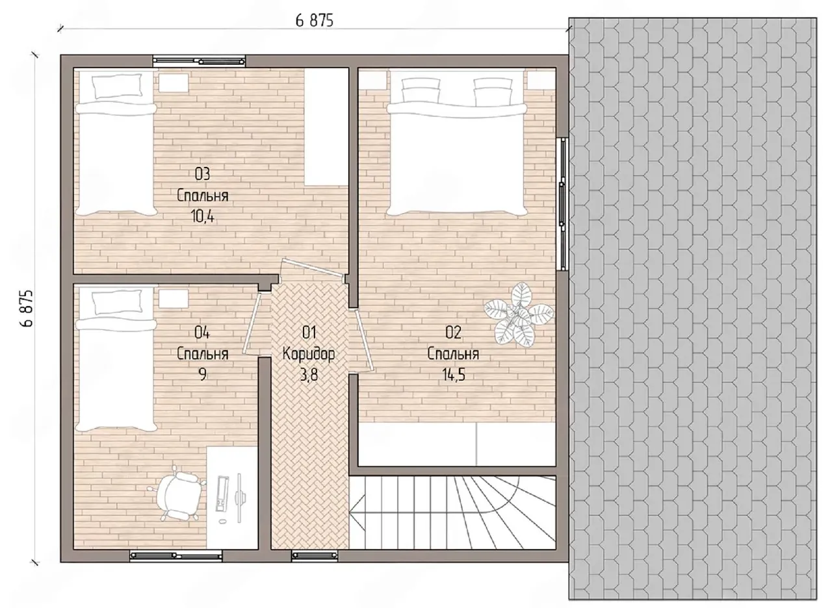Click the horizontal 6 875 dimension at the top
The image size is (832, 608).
[314, 20]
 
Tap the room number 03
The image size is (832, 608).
[202, 173]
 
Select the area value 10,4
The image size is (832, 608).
[203, 216]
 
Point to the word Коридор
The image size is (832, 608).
[309, 354]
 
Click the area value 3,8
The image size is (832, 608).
[309, 375]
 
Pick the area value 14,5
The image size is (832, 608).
[454, 375]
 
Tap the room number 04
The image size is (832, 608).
[202, 333]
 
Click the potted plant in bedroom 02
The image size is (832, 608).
[519, 316]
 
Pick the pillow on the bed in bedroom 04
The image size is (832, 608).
[118, 303]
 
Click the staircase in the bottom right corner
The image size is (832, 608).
[452, 513]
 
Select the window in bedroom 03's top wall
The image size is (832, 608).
[199, 61]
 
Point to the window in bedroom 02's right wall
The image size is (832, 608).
[563, 203]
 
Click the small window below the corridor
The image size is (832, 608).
[315, 555]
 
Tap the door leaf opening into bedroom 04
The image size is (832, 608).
[252, 323]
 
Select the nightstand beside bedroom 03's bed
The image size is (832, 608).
[174, 82]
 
